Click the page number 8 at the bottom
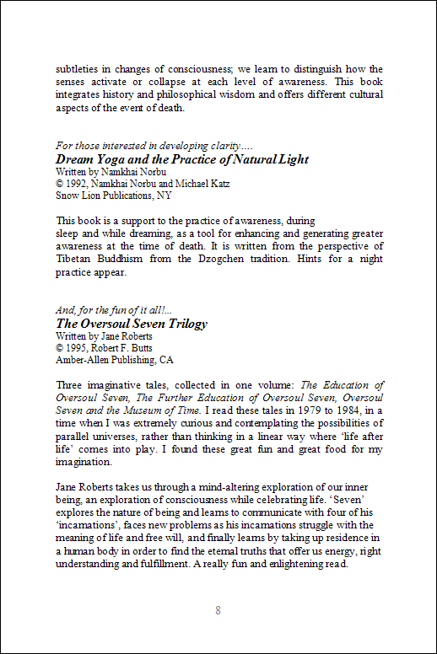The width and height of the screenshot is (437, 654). click(x=218, y=610)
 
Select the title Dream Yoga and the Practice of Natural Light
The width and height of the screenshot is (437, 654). click(x=181, y=159)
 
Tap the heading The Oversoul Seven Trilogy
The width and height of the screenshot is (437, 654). click(x=131, y=323)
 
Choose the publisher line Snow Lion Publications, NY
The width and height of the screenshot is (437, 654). click(x=113, y=196)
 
